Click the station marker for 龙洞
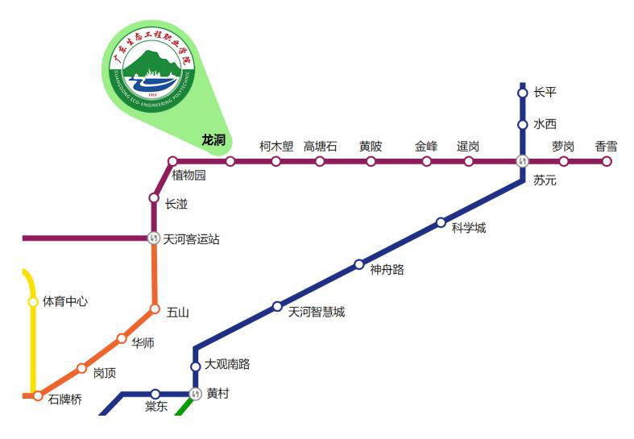coord(230,161)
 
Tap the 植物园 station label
coord(189,176)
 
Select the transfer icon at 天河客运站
coord(154,238)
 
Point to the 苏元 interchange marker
coord(522,161)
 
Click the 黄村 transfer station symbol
coord(195,394)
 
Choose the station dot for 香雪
coord(607,161)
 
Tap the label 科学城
coord(468,228)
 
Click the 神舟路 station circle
coord(359,264)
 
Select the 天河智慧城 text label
coord(316,312)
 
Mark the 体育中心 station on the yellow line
coord(33,302)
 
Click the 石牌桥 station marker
coord(38,396)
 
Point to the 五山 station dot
coord(155,309)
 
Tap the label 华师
coord(143,343)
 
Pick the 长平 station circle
coord(522,93)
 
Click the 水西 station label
coord(545,124)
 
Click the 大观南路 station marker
coord(195,367)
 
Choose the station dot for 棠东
coord(155,394)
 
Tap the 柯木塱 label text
coord(276,146)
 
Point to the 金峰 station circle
coord(426,161)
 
